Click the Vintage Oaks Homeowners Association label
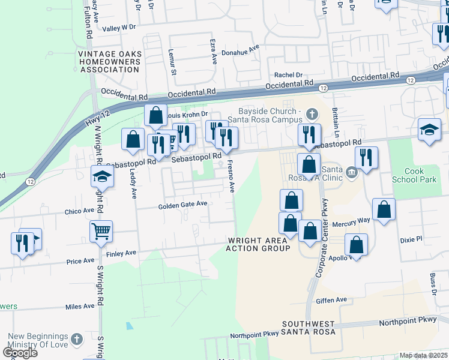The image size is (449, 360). [x=110, y=62]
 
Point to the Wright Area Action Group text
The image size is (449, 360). [x=259, y=244]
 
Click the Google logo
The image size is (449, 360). [x=20, y=352]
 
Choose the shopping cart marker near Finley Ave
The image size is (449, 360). [x=101, y=230]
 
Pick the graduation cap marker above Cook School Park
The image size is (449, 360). [x=429, y=130]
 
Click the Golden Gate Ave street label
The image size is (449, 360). [x=182, y=205]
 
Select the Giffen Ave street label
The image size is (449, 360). [x=333, y=299]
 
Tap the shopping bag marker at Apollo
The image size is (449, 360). [x=356, y=245]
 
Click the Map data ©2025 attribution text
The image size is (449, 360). [x=423, y=355]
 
